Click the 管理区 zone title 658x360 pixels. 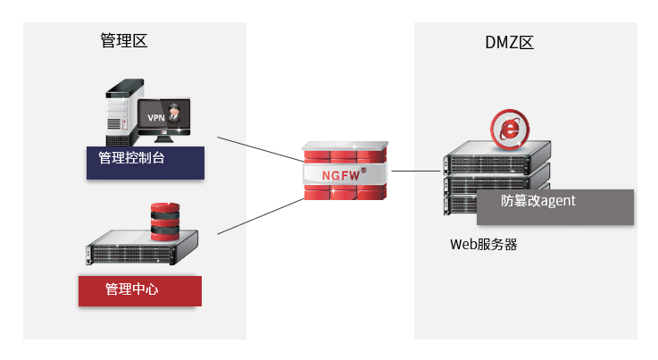pos(123,41)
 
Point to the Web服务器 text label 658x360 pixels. pos(483,244)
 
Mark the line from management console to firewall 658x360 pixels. pos(261,149)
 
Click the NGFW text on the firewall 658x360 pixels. pos(341,174)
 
